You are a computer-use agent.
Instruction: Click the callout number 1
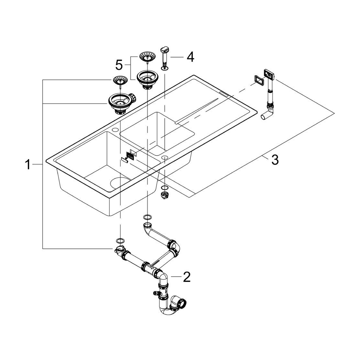28,165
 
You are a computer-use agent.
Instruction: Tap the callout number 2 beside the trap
186,277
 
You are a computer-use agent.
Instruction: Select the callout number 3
275,159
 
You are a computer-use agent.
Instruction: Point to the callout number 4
190,56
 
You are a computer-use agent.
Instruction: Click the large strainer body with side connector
120,103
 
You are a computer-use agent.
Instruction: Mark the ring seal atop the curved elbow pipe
147,217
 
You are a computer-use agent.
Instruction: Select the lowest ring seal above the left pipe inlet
120,241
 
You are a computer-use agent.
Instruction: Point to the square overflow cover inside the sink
129,156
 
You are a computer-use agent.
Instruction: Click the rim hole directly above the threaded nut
165,157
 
